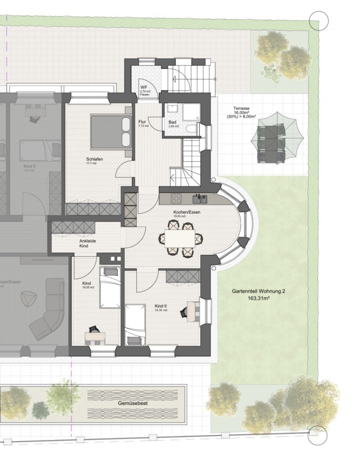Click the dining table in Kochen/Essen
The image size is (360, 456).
click(x=180, y=238)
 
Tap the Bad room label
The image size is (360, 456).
click(x=173, y=122)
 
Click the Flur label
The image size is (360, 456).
click(x=142, y=122)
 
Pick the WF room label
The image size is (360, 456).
click(x=144, y=87)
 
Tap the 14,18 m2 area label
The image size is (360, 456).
click(x=160, y=310)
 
